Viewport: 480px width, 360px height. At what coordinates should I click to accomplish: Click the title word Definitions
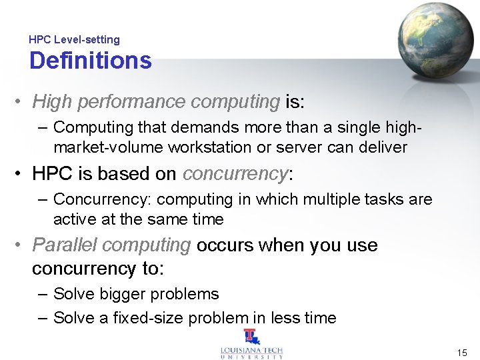91,61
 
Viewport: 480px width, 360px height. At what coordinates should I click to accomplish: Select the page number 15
462,352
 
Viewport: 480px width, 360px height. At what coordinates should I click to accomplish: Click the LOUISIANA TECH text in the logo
251,349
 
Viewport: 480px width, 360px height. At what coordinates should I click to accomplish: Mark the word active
73,219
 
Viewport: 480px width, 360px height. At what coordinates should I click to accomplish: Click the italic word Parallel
65,245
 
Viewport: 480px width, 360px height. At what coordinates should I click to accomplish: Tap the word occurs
225,245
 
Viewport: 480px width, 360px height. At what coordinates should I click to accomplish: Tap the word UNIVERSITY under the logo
251,357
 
